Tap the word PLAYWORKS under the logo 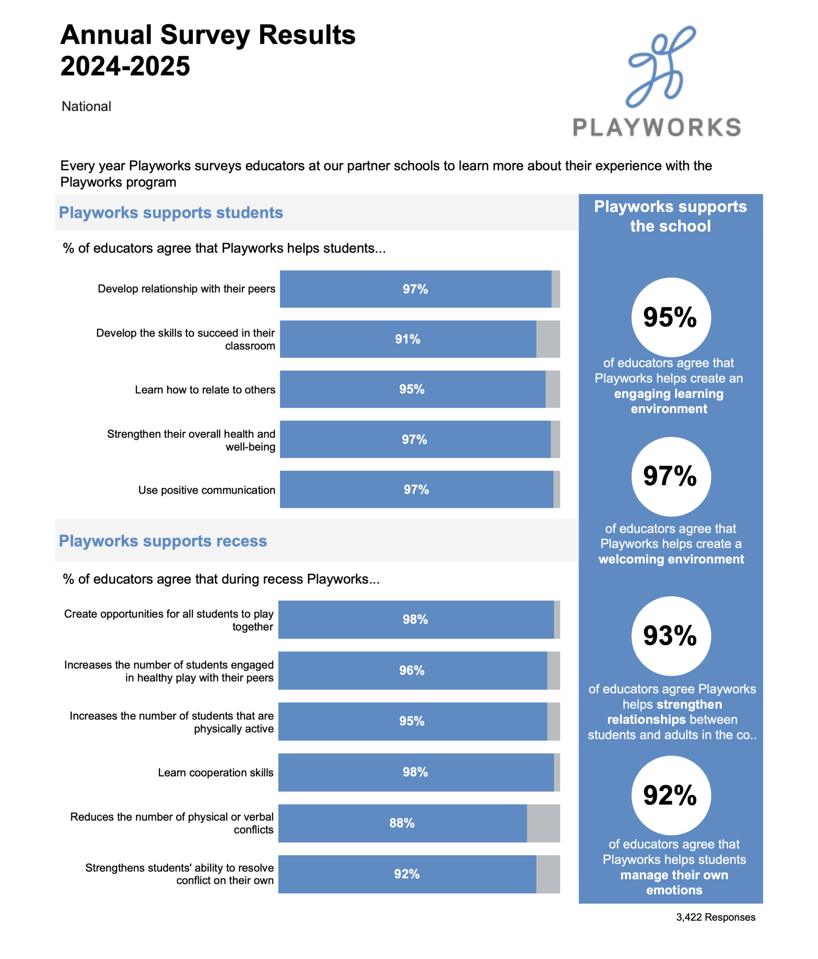[656, 127]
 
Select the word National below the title [86, 107]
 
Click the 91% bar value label [407, 339]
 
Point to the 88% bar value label [402, 823]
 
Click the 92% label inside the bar [407, 874]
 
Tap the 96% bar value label [411, 670]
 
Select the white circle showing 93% [670, 636]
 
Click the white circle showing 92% [670, 795]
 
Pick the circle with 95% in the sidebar [670, 317]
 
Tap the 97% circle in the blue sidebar [670, 476]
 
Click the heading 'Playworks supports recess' [163, 541]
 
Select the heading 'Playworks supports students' [171, 212]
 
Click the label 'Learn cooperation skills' [216, 773]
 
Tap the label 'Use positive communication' [206, 490]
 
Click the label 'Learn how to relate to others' [205, 390]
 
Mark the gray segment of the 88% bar [543, 823]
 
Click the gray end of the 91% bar [548, 339]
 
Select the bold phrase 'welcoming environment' [671, 559]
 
